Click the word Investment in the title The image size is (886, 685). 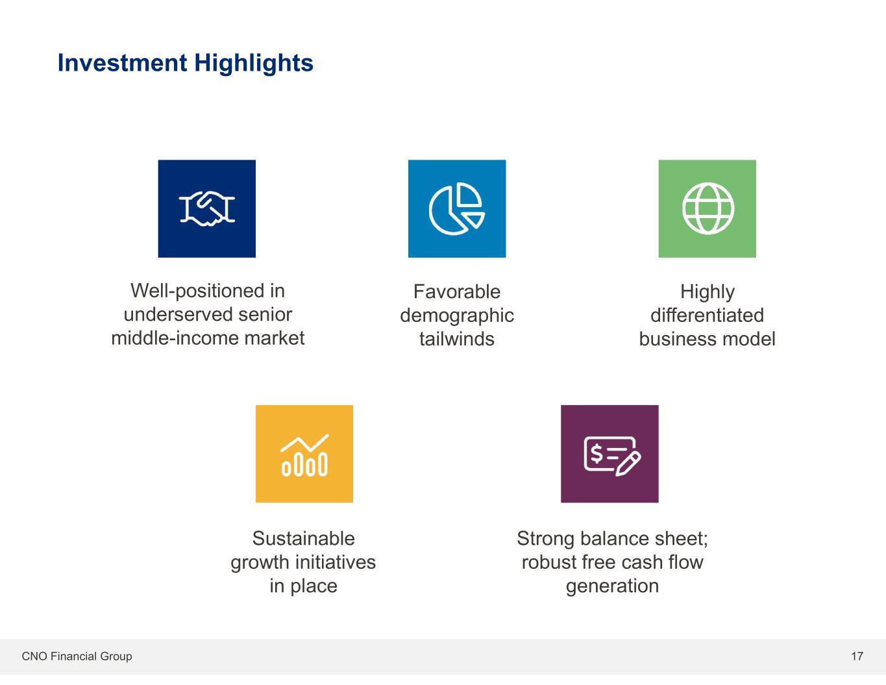(122, 63)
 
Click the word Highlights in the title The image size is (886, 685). (254, 64)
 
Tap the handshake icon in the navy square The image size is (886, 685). (207, 209)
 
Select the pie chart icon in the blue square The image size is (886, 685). (457, 209)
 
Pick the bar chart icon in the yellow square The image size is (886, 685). (304, 455)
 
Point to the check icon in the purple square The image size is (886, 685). (612, 456)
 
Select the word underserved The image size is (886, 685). (178, 315)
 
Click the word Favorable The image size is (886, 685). (457, 292)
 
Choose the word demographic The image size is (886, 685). (457, 316)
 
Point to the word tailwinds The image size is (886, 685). (457, 339)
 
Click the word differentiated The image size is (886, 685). (707, 316)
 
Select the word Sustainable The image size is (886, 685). (303, 539)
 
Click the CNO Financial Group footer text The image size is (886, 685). (77, 656)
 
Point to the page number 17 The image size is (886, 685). (857, 656)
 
